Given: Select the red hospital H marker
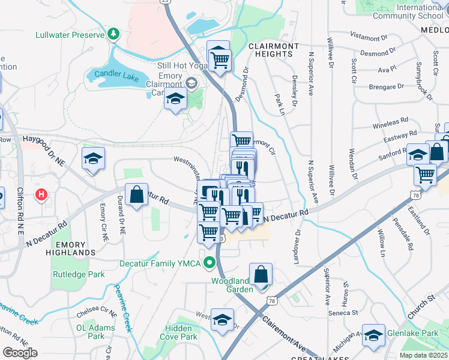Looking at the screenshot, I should click(x=41, y=194).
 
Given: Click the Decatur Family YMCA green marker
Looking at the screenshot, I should click(x=209, y=262).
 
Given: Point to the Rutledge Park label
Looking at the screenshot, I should click(x=79, y=275).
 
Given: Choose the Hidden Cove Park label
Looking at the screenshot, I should click(x=182, y=332).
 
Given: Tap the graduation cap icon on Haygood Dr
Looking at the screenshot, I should click(x=94, y=158).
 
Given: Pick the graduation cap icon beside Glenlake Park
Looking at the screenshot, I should click(x=373, y=335).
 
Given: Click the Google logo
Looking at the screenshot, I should click(x=19, y=353).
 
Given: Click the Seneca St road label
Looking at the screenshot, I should click(x=342, y=313).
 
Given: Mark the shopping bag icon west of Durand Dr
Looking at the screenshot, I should click(x=137, y=194).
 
